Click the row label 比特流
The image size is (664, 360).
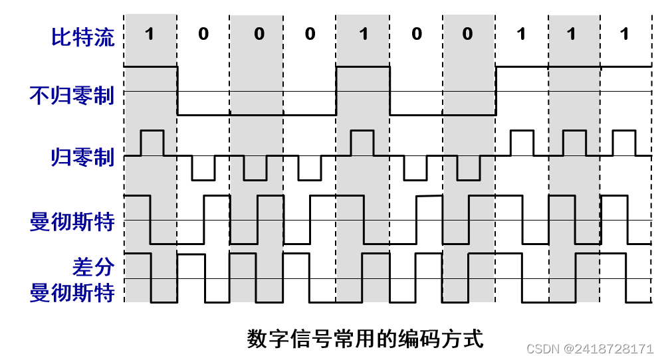tap(82, 36)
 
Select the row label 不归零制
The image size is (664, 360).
tap(72, 95)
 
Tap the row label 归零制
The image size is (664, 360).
tap(82, 157)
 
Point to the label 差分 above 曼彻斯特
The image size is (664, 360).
tap(93, 267)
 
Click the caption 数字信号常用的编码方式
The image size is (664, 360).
tap(365, 338)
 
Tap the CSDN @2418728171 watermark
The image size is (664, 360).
tap(590, 349)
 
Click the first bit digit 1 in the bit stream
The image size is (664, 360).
tap(150, 34)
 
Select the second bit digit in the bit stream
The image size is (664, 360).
tap(203, 34)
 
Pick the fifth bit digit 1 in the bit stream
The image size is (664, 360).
tap(363, 34)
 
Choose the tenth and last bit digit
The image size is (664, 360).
tap(623, 34)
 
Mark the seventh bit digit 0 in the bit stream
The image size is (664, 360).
tap(468, 34)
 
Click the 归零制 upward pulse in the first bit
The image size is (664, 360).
tap(152, 142)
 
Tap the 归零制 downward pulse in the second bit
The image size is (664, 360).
tap(203, 169)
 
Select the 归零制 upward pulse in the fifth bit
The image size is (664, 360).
tap(362, 142)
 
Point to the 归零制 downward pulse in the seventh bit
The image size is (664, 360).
tap(469, 169)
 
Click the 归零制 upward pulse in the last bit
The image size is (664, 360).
tap(623, 142)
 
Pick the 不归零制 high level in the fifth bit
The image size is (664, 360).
tap(363, 66)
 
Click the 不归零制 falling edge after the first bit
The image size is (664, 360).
tap(177, 90)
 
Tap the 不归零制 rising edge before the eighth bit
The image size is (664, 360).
tap(496, 90)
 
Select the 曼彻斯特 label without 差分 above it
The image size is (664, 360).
tap(72, 222)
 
